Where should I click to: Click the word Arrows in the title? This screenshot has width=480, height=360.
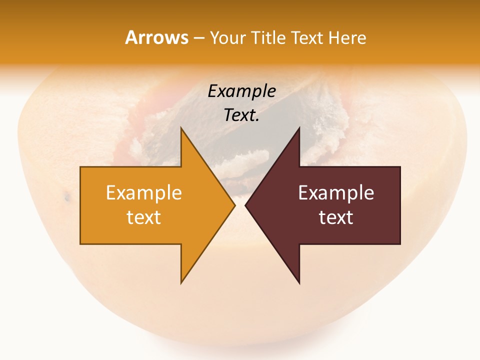(156, 37)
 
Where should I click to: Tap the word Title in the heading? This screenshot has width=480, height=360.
(267, 37)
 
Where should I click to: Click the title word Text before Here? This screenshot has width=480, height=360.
(307, 37)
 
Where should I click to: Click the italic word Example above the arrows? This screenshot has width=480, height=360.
(241, 91)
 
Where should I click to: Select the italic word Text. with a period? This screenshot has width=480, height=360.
(241, 115)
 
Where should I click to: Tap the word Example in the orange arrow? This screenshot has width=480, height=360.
(144, 193)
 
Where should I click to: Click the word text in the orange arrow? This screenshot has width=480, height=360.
(144, 217)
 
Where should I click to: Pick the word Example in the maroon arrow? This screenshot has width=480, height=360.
(336, 193)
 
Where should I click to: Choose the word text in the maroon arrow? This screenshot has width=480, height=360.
(336, 217)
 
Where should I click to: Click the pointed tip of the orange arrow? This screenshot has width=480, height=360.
(235, 205)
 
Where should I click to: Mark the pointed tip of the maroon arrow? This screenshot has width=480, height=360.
(245, 205)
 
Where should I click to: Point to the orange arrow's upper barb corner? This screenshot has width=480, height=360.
(181, 128)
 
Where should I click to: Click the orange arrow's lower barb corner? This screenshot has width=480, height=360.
(181, 283)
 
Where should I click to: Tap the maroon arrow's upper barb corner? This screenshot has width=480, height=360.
(299, 128)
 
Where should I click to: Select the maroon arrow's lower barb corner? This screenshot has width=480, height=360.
(299, 283)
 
